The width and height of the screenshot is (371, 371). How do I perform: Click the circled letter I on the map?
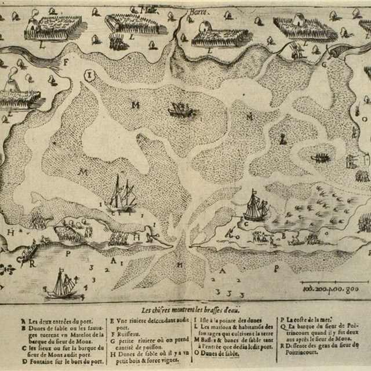click(x=90, y=75)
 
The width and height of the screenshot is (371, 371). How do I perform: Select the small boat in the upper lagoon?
click(x=181, y=108)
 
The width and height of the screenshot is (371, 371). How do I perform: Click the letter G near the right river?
click(x=324, y=64)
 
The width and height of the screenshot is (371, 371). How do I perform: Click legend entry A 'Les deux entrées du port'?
click(x=55, y=321)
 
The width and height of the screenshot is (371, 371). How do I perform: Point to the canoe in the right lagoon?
click(x=321, y=157)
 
